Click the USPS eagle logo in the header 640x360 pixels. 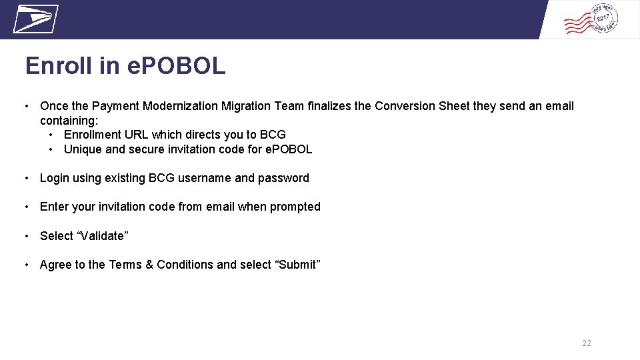[x=36, y=19]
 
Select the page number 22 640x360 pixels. [x=587, y=343]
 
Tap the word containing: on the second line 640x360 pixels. [x=69, y=121]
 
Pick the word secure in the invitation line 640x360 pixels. [x=145, y=149]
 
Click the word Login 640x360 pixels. [x=55, y=178]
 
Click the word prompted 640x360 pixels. [x=295, y=207]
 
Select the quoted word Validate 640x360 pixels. [x=101, y=236]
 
